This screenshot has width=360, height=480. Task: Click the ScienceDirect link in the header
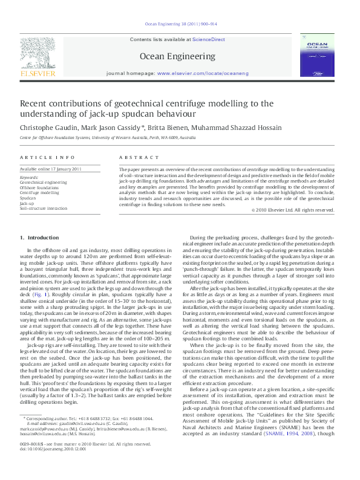click(209, 39)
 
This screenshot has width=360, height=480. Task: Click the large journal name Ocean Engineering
click(179, 56)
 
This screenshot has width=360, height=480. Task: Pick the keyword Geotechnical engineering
click(44, 181)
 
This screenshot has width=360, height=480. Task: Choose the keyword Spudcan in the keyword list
click(28, 198)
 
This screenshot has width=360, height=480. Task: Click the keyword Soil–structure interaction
click(44, 208)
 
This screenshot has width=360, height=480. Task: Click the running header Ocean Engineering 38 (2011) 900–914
click(180, 25)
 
